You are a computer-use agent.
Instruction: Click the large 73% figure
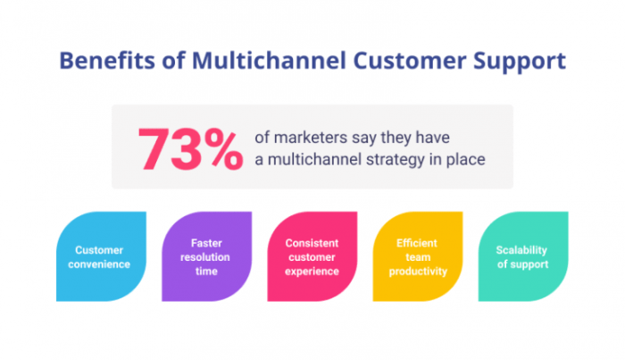[190, 147]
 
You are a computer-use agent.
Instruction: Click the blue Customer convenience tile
[101, 256]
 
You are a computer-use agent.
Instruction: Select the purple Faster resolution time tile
[206, 256]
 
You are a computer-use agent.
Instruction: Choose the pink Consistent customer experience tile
[312, 256]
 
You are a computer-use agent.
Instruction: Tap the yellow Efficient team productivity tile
[418, 256]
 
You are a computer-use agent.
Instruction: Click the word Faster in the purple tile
[206, 242]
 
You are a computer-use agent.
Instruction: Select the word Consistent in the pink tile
[312, 242]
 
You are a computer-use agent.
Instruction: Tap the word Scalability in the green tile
[521, 250]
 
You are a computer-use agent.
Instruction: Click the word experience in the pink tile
[312, 271]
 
